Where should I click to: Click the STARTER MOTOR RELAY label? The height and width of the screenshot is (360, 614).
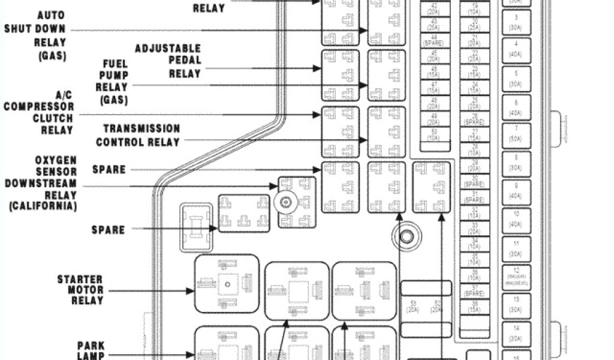80,290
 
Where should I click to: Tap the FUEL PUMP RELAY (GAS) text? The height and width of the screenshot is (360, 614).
112,79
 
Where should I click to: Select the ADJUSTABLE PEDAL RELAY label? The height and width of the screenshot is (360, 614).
168,61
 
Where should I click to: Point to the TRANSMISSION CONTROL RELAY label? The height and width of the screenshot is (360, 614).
138,136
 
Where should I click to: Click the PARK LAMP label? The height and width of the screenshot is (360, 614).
91,350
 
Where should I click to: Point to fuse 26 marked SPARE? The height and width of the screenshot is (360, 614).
474,118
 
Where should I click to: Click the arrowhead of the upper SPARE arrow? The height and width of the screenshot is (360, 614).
318,170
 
